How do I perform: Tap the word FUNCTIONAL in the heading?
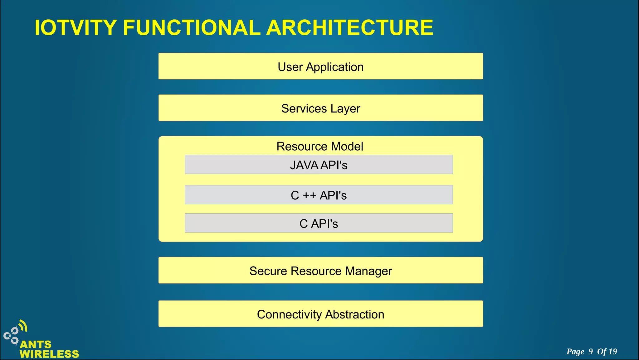[192, 28]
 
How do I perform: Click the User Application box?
[320, 66]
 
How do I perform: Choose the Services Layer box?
[320, 108]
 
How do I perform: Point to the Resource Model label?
[320, 146]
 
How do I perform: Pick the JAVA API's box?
[319, 165]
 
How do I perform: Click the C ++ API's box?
[319, 195]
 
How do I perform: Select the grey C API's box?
[319, 223]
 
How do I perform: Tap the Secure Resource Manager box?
[320, 270]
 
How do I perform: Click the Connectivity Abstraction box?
[320, 314]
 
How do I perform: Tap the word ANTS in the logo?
[36, 344]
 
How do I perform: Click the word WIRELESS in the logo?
[49, 354]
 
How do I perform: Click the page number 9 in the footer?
[591, 352]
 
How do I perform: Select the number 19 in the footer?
[613, 352]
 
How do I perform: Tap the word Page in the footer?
[575, 352]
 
